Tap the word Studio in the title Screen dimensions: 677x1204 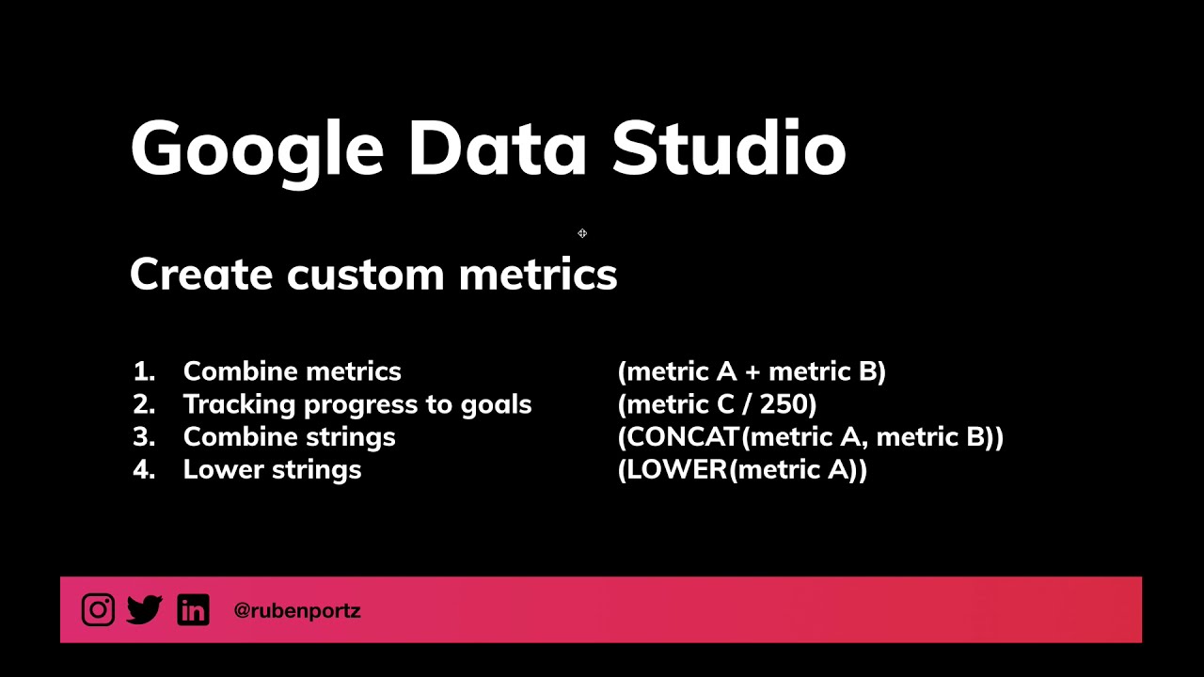[x=729, y=149]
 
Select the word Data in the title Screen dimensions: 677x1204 [x=497, y=149]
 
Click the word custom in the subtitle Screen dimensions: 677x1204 [x=365, y=275]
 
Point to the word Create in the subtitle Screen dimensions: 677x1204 [x=201, y=275]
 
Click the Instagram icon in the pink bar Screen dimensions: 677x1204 [x=98, y=610]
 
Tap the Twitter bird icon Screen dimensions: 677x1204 [x=145, y=610]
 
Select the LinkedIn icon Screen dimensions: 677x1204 [x=193, y=610]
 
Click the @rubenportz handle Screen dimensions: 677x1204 [x=297, y=611]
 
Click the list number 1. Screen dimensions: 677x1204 [x=143, y=371]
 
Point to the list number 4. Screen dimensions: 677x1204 [x=143, y=470]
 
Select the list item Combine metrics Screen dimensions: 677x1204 [x=292, y=371]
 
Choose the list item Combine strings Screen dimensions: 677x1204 [x=289, y=437]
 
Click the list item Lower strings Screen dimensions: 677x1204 [x=272, y=470]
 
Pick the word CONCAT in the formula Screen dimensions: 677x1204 [x=683, y=437]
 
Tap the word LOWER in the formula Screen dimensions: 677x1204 [x=676, y=470]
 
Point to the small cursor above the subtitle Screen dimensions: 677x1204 [x=582, y=233]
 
